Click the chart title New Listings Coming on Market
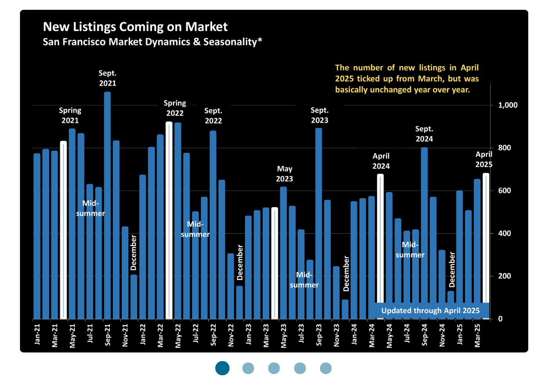[135, 27]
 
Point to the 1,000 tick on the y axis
[507, 105]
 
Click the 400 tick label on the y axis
[504, 233]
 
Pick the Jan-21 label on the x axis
[37, 334]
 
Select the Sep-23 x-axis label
[319, 335]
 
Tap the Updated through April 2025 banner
[430, 311]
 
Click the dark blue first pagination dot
[222, 368]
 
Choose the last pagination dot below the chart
[325, 368]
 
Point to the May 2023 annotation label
[284, 174]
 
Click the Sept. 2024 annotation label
[424, 134]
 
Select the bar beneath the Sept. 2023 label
[319, 223]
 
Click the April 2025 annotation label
[484, 159]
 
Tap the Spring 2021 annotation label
[70, 115]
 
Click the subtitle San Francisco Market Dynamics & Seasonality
[152, 42]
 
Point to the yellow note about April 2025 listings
[407, 79]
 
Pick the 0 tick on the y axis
[500, 319]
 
